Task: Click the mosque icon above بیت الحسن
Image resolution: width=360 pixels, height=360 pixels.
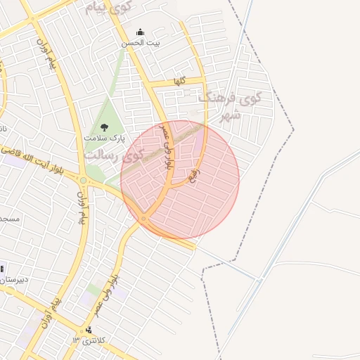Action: click(x=140, y=32)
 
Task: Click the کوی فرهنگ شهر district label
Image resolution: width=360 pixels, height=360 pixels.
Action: click(x=229, y=105)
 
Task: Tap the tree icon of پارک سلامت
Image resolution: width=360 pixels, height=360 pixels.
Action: click(x=105, y=127)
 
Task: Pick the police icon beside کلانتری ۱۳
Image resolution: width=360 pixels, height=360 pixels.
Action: click(x=89, y=330)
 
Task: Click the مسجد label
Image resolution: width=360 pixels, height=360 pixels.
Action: click(x=10, y=219)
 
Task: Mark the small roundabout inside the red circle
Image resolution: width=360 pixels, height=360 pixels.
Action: click(x=143, y=219)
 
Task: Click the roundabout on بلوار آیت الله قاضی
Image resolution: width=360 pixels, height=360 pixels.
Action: click(x=84, y=181)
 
